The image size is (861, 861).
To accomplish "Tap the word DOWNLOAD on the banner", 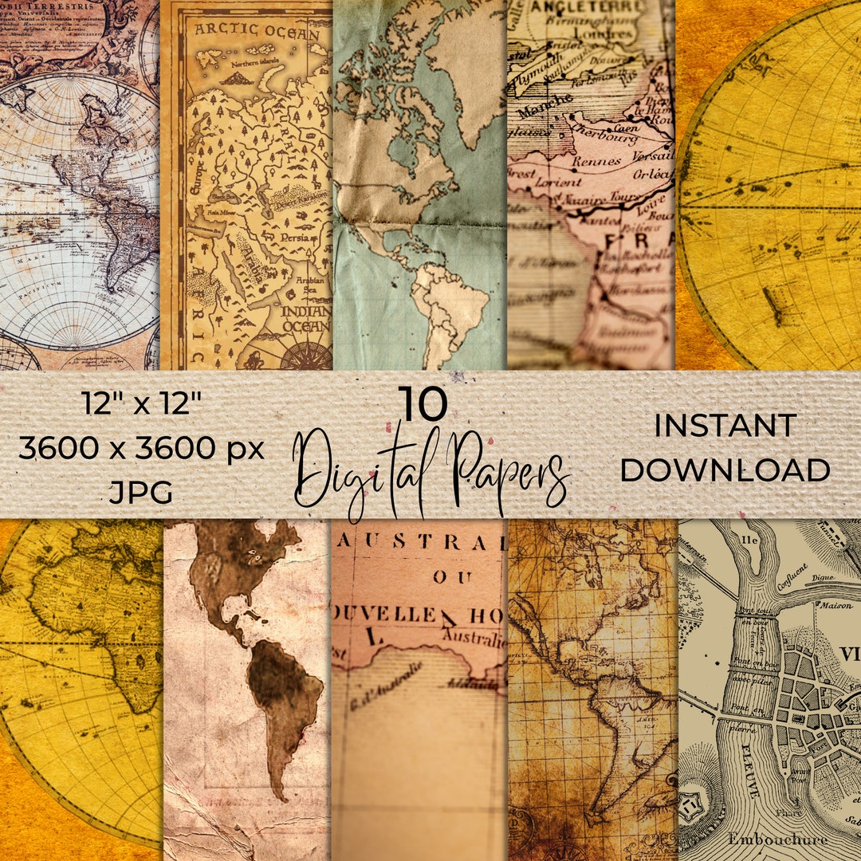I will tap(725, 470).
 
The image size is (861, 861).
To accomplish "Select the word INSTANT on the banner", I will tap(725, 426).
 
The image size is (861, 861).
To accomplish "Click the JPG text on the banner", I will tap(141, 493).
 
